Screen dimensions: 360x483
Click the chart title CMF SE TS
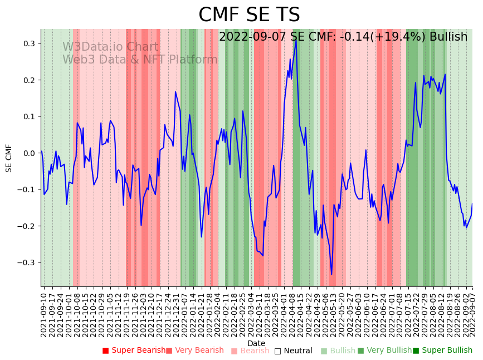249,15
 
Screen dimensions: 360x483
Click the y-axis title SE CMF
9,158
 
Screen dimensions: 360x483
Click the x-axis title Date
256,343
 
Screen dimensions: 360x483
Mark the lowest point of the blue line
331,274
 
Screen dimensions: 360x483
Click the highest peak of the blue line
296,40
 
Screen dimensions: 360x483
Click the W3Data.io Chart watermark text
110,47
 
